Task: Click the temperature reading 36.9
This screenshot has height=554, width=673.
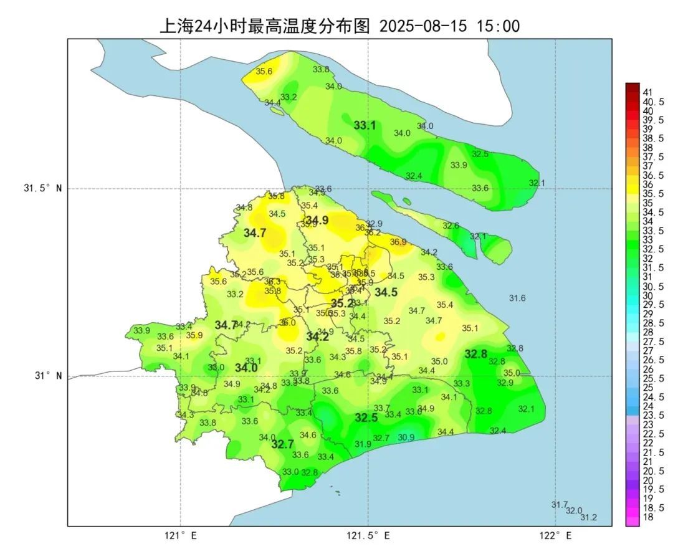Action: [398, 242]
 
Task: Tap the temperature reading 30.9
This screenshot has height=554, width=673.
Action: [406, 437]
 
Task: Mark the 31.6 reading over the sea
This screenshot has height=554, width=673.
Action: [517, 298]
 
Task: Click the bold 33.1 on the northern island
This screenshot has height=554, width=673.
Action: [365, 125]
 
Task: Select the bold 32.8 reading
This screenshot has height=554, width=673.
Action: [476, 354]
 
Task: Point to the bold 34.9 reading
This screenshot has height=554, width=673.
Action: [317, 219]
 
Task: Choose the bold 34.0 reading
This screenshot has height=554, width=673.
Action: [246, 368]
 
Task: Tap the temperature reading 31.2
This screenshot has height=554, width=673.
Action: [588, 517]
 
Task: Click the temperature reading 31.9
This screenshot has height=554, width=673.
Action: [363, 444]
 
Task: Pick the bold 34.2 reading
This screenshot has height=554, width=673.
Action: [317, 337]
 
